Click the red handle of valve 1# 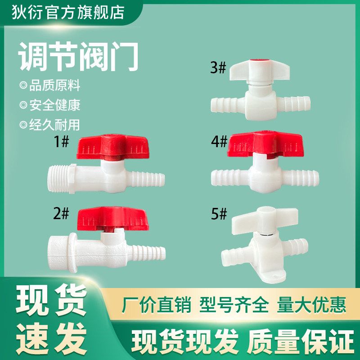(112, 147)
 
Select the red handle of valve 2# (113, 219)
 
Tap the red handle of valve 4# (265, 144)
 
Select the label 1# (61, 141)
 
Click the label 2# (61, 213)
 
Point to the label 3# (218, 67)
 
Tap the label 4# (219, 141)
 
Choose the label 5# (219, 214)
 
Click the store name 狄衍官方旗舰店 (68, 13)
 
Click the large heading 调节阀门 (78, 57)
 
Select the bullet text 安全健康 (54, 105)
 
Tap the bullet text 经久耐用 (54, 125)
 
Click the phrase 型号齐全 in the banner (234, 305)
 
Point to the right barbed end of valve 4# (301, 178)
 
